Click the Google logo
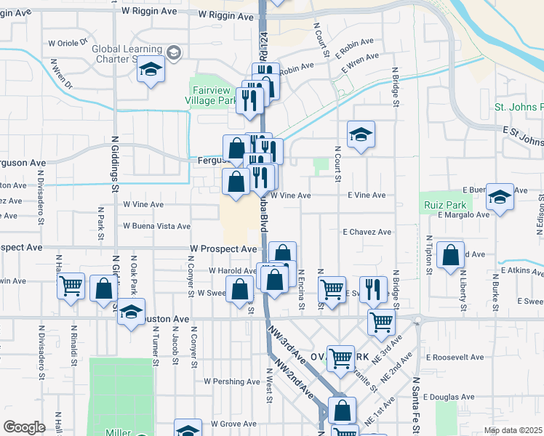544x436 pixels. pos(24,427)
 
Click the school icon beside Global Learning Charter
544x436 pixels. pos(151,70)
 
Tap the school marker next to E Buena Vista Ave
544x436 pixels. pos(500,197)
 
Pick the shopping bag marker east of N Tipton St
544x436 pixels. pos(451,256)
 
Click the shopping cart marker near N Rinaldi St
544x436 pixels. pos(71,286)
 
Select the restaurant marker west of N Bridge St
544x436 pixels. pos(372,288)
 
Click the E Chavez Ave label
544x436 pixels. pos(367,232)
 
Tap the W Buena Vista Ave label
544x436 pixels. pos(156,226)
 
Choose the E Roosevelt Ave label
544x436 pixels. pos(455,358)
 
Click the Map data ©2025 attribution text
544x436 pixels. pos(513,430)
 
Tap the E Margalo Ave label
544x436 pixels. pos(463,214)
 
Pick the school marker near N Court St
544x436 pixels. pos(361,135)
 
